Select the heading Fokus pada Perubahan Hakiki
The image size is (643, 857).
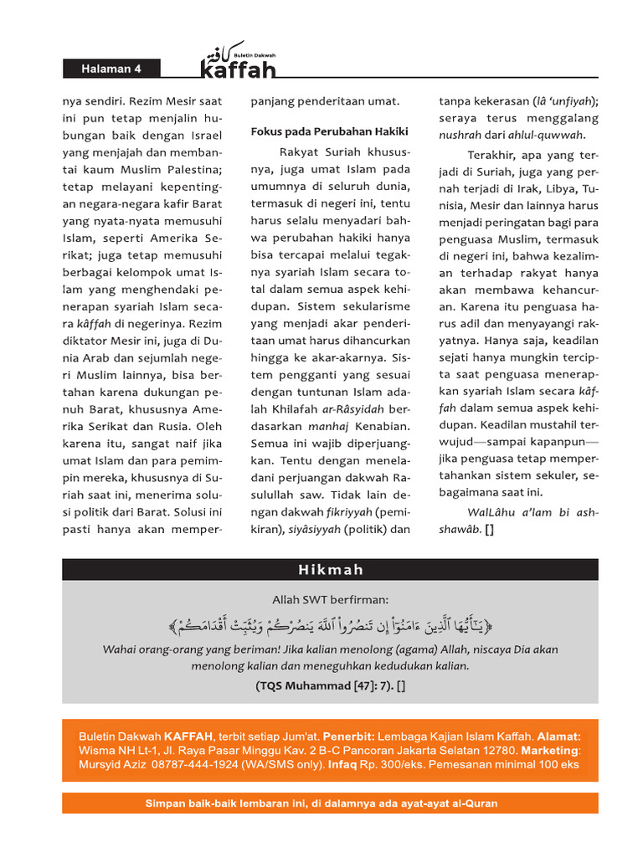point(329,131)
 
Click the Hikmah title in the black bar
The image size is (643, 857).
point(331,570)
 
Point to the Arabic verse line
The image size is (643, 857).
point(331,624)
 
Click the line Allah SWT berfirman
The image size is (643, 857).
point(331,599)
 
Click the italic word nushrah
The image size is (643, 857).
point(460,136)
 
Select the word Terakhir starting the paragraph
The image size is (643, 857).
point(491,156)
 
